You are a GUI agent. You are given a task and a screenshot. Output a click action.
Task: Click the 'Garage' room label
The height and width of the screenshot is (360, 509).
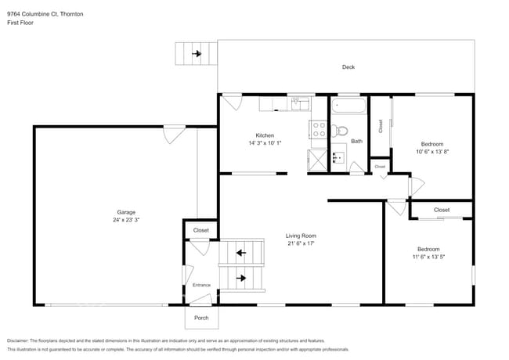tap(126, 212)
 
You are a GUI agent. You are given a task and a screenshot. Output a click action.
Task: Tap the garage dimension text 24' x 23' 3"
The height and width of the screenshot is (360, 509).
tap(126, 221)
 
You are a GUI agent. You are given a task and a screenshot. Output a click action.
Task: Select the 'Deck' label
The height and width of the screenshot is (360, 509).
tap(348, 67)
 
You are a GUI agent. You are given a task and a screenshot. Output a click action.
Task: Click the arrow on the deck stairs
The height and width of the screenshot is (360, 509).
tap(196, 54)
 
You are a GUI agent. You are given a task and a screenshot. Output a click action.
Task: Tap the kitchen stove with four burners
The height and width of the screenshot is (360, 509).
tap(319, 129)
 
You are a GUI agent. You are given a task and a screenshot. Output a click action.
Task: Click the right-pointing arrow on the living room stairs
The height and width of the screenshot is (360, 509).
tap(242, 278)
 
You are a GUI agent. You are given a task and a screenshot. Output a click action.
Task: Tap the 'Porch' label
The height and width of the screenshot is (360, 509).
tap(201, 318)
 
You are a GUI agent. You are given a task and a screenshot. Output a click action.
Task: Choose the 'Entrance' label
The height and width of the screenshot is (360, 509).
tap(202, 285)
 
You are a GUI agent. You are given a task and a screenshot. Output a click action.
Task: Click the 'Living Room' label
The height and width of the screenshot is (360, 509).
tap(300, 235)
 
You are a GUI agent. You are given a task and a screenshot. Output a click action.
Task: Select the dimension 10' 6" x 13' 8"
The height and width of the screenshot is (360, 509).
tap(432, 152)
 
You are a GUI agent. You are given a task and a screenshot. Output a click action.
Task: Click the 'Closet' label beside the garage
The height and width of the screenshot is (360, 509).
tap(201, 230)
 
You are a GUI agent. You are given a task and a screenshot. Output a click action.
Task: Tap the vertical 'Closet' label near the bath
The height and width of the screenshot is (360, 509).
tap(381, 125)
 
